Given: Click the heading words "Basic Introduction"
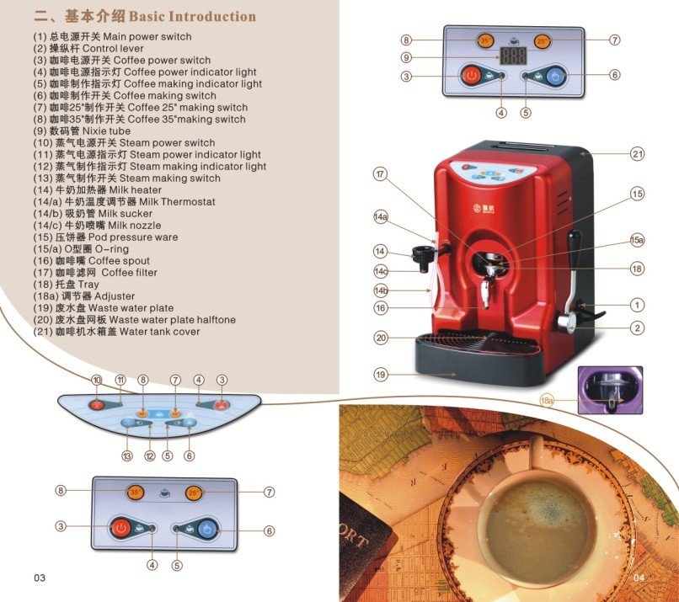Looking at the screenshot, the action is pyautogui.click(x=192, y=17).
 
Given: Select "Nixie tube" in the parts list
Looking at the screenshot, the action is pyautogui.click(x=106, y=131).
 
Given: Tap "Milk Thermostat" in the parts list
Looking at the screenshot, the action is pyautogui.click(x=177, y=202).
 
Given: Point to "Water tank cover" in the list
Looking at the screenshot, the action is pyautogui.click(x=159, y=332).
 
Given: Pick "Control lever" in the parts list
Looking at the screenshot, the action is pyautogui.click(x=113, y=48).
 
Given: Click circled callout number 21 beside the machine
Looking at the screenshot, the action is pyautogui.click(x=637, y=153).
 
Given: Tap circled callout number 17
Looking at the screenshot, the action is pyautogui.click(x=380, y=174).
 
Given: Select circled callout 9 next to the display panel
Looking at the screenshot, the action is pyautogui.click(x=406, y=57).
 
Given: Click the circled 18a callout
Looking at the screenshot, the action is pyautogui.click(x=547, y=401).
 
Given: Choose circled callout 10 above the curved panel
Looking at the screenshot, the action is pyautogui.click(x=97, y=380).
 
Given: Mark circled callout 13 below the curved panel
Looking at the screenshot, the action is pyautogui.click(x=127, y=455).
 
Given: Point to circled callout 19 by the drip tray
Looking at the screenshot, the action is pyautogui.click(x=381, y=375).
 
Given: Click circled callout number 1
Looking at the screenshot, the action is pyautogui.click(x=637, y=305).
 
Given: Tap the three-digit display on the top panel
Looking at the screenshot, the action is pyautogui.click(x=513, y=56).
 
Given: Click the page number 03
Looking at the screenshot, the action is pyautogui.click(x=40, y=578).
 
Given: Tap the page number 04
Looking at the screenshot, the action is pyautogui.click(x=639, y=578).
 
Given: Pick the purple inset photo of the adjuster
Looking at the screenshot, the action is pyautogui.click(x=610, y=391).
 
